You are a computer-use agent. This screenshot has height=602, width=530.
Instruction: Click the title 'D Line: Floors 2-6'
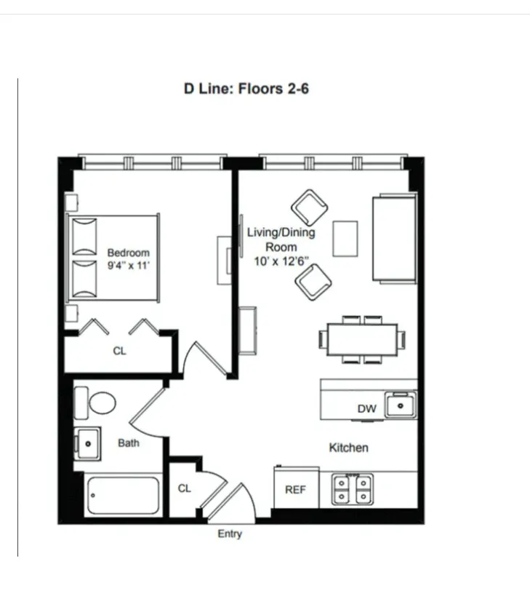coord(246,90)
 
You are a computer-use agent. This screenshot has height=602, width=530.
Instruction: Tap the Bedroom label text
coord(128,253)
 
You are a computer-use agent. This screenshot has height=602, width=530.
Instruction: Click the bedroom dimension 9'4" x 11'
coord(128,266)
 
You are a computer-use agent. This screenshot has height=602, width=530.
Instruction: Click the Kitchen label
coord(348,448)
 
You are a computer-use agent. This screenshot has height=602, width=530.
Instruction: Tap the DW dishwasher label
coord(366,409)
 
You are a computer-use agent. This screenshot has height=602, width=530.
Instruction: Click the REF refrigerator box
coord(295,488)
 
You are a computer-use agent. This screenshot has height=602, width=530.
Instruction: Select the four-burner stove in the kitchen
coord(353,489)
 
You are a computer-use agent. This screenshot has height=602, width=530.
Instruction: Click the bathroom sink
coord(88,441)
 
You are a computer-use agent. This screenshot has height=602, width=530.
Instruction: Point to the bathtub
coord(123,496)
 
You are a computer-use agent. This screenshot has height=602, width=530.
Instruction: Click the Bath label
coord(129,443)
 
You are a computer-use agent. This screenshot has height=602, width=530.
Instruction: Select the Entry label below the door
coord(230,534)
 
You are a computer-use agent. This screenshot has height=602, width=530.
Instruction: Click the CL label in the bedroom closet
coord(119,351)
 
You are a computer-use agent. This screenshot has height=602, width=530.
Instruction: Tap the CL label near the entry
coord(185,488)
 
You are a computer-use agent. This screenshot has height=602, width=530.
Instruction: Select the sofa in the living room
coord(395,237)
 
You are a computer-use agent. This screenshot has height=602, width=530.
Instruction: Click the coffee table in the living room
coord(346,238)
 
